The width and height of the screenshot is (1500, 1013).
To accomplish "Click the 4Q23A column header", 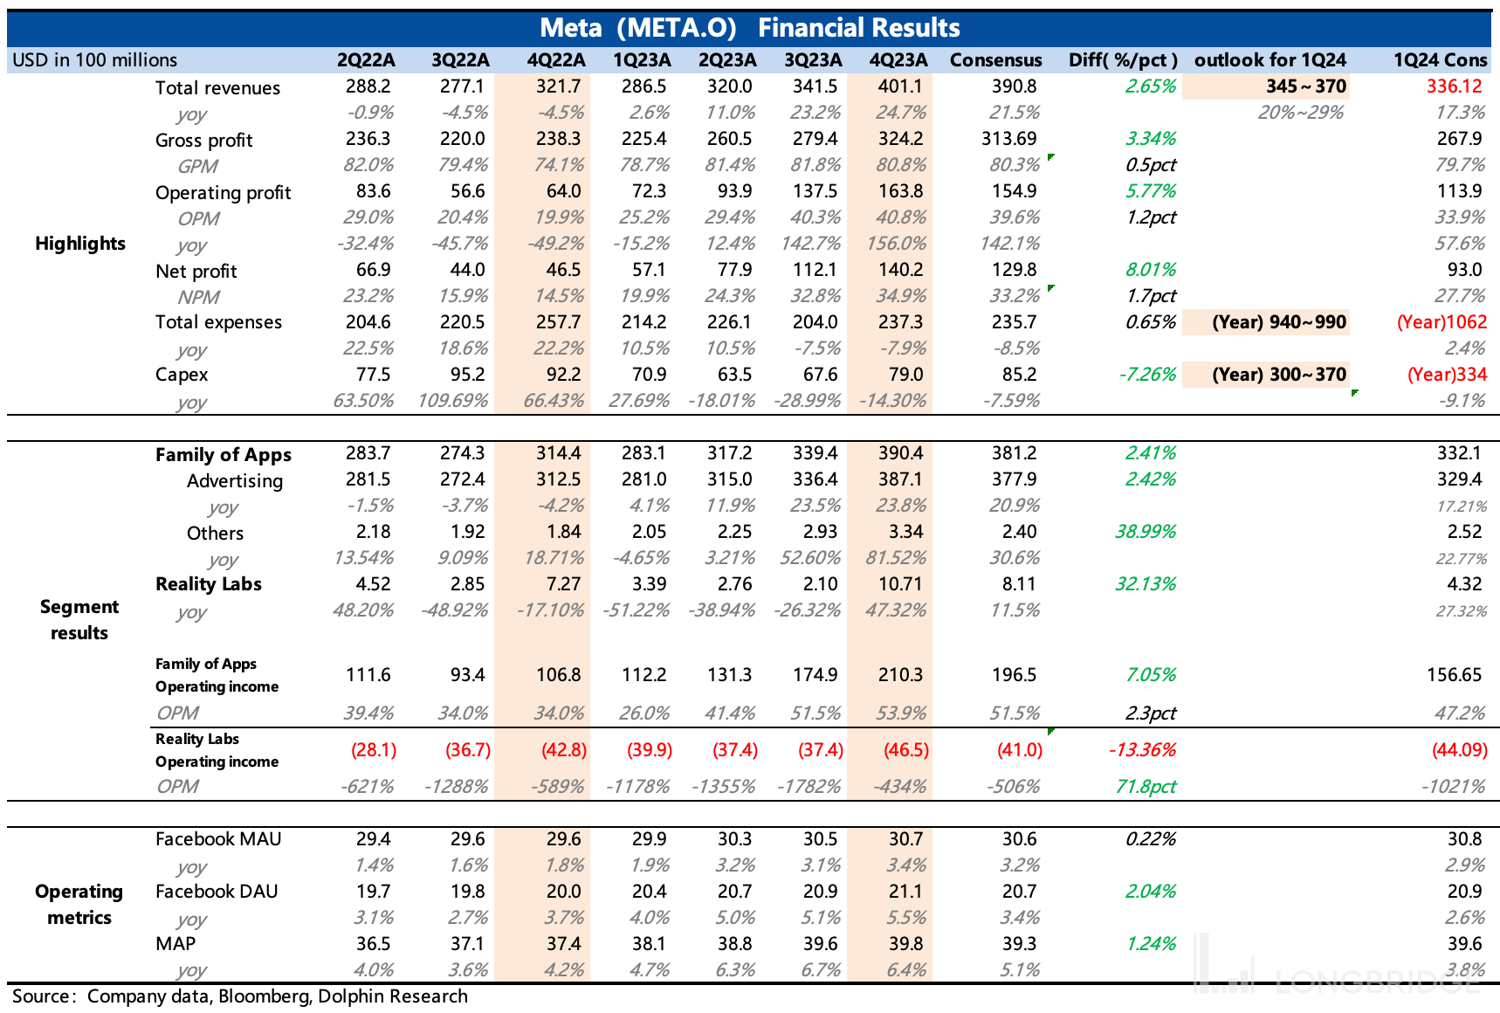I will click(x=898, y=59).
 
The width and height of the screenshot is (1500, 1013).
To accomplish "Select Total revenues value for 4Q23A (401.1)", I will click(x=900, y=86).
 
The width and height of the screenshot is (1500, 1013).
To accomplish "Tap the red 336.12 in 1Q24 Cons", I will click(x=1454, y=86).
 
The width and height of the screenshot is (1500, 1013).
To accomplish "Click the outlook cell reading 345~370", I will click(x=1305, y=86).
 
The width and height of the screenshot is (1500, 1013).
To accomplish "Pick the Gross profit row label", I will click(x=203, y=140).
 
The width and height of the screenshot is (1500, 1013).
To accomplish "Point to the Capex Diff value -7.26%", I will click(x=1146, y=374).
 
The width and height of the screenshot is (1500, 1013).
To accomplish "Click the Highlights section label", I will click(x=80, y=243).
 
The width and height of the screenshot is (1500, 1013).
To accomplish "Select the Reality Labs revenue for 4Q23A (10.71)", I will click(x=900, y=583).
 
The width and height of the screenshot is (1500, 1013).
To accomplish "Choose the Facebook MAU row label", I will click(x=218, y=838).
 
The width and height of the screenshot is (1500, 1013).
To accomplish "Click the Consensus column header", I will click(x=995, y=59).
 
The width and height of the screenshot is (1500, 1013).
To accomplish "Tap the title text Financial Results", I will click(x=858, y=28).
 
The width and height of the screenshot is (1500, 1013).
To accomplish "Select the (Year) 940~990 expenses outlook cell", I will click(x=1279, y=321).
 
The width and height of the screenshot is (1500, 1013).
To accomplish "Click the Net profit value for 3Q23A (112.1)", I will click(x=815, y=269).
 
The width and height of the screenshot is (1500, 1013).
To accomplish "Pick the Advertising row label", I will click(x=234, y=480).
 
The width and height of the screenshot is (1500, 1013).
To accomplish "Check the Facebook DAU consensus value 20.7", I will click(x=1019, y=891).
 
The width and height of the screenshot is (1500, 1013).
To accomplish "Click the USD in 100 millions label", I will click(x=94, y=59).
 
